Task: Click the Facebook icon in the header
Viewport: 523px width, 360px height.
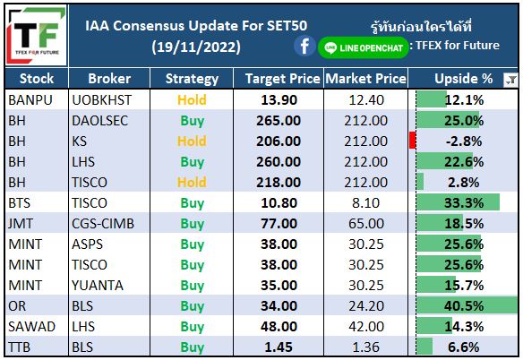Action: click(304, 47)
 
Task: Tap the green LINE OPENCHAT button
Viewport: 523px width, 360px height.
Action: click(364, 47)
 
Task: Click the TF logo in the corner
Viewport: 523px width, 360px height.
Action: click(36, 35)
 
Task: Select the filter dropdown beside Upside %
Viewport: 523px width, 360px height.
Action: click(510, 80)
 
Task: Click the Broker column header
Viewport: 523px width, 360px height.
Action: click(109, 79)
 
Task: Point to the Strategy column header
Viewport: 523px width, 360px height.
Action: click(192, 79)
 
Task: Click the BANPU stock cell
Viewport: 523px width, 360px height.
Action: click(30, 99)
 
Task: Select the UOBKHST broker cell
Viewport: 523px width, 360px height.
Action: click(101, 99)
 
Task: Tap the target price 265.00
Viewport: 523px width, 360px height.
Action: click(279, 120)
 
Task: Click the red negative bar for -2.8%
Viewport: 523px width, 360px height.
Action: click(412, 141)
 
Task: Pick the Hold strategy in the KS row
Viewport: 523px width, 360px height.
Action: click(192, 141)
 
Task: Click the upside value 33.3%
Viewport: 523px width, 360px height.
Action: click(464, 203)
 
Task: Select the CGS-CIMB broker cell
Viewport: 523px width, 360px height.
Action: click(103, 224)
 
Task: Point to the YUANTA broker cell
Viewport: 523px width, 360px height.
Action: click(98, 286)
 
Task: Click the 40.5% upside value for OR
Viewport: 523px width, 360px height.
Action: click(464, 306)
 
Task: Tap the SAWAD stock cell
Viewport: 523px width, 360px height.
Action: click(31, 327)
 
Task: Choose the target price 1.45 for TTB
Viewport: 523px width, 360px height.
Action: click(279, 347)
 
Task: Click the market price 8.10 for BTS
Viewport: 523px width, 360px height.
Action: click(366, 203)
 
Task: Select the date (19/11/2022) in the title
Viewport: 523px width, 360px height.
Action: click(196, 47)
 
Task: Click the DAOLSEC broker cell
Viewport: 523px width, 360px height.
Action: click(99, 120)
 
